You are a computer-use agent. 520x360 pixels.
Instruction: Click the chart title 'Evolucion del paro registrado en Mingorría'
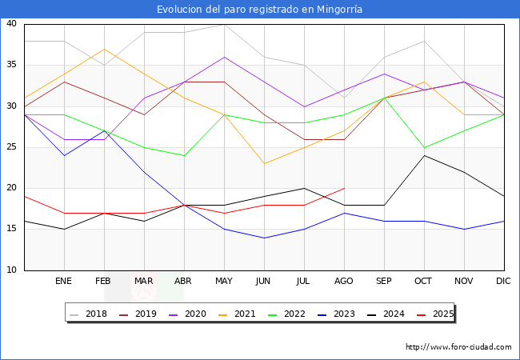[260, 9]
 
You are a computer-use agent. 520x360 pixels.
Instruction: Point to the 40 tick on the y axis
[12, 24]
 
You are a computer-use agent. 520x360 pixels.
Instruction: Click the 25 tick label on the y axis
[12, 147]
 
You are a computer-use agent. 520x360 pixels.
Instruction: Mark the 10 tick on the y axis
[12, 270]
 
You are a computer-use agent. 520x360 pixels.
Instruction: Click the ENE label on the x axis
[64, 282]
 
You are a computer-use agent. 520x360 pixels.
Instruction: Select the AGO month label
[344, 282]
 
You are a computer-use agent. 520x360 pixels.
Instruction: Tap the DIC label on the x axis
[504, 282]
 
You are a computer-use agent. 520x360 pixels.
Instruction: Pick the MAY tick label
[224, 282]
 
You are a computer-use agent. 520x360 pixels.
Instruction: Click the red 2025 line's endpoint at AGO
[344, 188]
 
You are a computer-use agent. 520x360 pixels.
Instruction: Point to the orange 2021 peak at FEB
[104, 49]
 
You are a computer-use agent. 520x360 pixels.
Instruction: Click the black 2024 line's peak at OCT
[424, 155]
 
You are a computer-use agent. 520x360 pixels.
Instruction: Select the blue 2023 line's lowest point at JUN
[264, 238]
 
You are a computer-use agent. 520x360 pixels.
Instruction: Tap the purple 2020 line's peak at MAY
[224, 57]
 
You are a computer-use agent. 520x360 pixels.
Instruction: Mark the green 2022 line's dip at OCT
[424, 147]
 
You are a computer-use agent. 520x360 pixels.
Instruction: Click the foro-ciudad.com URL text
[458, 347]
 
